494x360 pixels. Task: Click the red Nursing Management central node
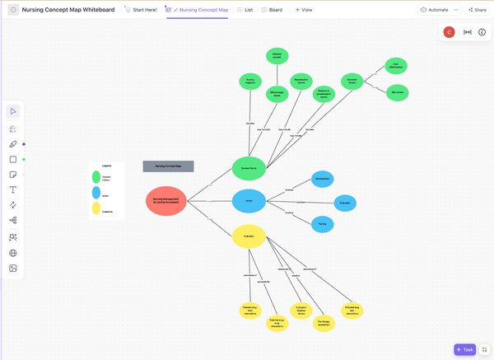tap(166, 201)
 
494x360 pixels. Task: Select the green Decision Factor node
tap(249, 167)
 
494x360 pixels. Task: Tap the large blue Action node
tap(249, 200)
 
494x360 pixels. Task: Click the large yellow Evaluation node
tap(249, 236)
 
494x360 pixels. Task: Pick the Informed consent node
tap(277, 56)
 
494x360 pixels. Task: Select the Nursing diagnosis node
tap(250, 82)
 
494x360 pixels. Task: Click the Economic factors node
tap(352, 82)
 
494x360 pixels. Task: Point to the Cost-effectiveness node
tap(396, 66)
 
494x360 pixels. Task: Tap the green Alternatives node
tap(396, 92)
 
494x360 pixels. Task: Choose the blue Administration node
tap(322, 179)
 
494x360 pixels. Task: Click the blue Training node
tap(322, 222)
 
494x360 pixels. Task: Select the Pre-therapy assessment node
tap(325, 324)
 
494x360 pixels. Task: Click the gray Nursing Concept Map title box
tap(168, 166)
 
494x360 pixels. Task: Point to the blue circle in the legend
tap(96, 193)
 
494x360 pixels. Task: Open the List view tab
tap(245, 10)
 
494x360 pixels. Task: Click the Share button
tap(477, 10)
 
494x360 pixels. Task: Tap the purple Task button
tap(464, 349)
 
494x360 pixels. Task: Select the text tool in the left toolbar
tap(13, 189)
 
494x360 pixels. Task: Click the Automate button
tap(434, 10)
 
